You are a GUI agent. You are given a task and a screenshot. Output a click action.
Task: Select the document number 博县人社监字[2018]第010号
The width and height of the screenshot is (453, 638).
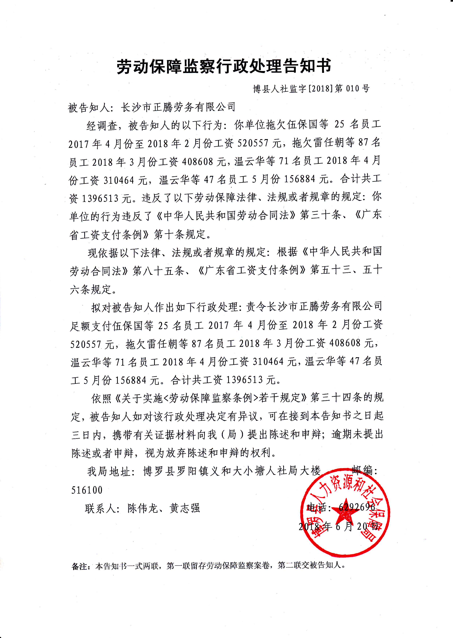click(x=311, y=88)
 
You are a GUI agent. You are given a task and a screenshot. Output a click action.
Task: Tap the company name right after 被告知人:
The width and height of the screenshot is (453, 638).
click(x=178, y=107)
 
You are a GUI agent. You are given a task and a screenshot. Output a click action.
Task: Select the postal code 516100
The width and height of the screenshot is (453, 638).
click(x=87, y=490)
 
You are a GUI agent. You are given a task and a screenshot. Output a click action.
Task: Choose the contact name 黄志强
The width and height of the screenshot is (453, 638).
click(x=185, y=508)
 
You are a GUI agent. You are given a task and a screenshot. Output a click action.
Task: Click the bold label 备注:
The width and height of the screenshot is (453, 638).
click(x=81, y=566)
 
